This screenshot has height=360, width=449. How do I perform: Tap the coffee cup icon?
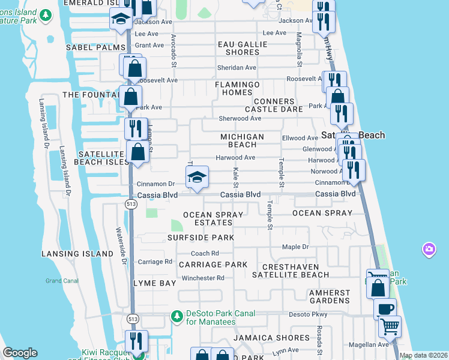(x=385, y=309)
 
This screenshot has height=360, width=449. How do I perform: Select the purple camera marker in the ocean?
(x=429, y=248)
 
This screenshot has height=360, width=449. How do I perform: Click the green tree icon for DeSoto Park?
(x=176, y=316)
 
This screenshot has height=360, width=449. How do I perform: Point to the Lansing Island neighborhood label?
(x=77, y=254)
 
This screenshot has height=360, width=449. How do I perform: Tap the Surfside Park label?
(x=200, y=238)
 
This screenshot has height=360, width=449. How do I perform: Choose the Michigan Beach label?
(x=243, y=140)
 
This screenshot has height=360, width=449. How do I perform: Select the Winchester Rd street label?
(x=203, y=278)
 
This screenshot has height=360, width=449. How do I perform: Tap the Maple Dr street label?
(x=295, y=247)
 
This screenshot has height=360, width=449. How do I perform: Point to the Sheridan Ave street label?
(x=237, y=68)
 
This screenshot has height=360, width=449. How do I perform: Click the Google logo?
(x=20, y=353)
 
